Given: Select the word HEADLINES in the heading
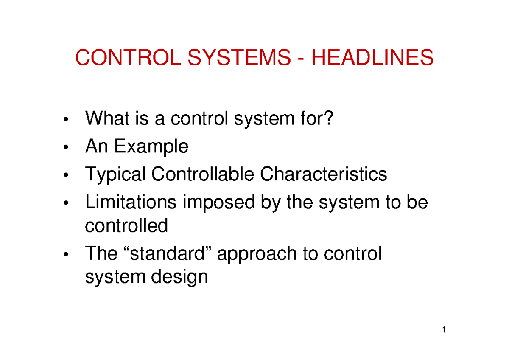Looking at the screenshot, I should click(373, 58).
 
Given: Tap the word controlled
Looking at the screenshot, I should click(126, 225).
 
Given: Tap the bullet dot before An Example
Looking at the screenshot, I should click(66, 148).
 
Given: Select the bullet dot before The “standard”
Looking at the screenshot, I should click(66, 255).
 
